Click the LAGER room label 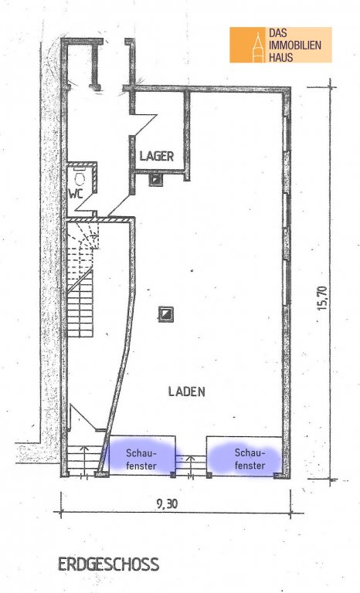tap(156, 156)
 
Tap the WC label tap(76, 194)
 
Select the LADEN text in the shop tap(187, 391)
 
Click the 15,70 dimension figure tap(322, 298)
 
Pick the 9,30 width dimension tap(167, 503)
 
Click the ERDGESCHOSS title tap(108, 564)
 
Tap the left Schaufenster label tap(141, 459)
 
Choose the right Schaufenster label tap(250, 459)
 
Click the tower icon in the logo tap(258, 47)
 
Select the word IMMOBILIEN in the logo tap(295, 46)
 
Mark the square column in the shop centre tap(166, 313)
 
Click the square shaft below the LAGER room tap(156, 180)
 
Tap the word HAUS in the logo tap(281, 57)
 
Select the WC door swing tap(84, 202)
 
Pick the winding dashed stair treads tap(83, 242)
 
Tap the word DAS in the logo tap(278, 33)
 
